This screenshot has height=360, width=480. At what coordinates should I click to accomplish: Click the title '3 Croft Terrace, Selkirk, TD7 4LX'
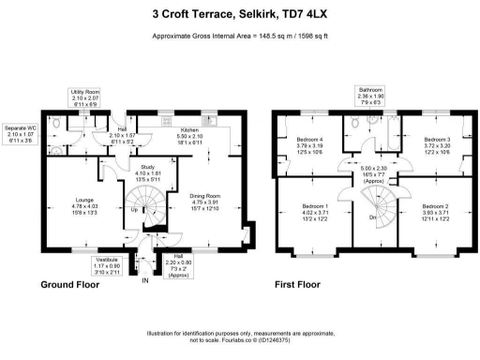click(239, 14)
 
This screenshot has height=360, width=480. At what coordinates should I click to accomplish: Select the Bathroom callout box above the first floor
click(370, 96)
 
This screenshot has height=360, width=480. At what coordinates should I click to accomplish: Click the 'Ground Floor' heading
click(45, 284)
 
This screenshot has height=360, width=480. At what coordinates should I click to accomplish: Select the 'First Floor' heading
click(297, 284)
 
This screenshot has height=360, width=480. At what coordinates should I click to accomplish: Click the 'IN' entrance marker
click(144, 279)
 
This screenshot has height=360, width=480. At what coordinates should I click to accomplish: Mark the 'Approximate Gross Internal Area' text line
click(239, 36)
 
